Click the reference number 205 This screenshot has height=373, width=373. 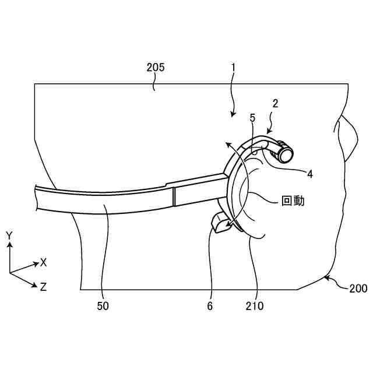156,67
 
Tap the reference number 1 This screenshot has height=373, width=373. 233,67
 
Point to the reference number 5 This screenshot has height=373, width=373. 252,118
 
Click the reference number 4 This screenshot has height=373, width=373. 310,173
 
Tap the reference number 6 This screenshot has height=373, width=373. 210,305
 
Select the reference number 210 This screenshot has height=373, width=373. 255,305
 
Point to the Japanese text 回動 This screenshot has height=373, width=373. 293,202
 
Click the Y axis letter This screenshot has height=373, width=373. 9,235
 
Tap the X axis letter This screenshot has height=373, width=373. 44,262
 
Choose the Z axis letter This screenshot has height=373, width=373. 44,287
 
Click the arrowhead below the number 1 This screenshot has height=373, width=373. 233,115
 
